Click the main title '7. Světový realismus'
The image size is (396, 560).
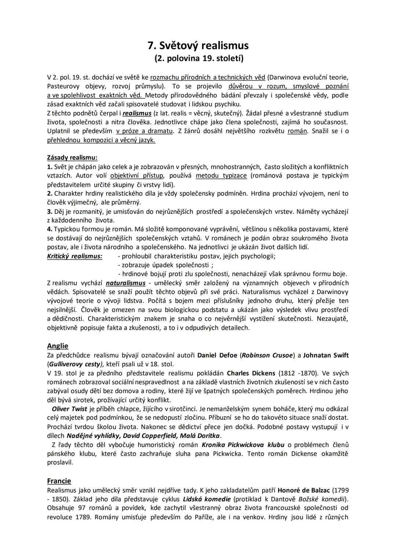[x=198, y=45]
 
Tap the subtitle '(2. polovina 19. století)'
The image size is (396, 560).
[x=198, y=58]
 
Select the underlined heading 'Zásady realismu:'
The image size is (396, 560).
[x=72, y=158]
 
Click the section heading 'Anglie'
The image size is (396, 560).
[x=58, y=346]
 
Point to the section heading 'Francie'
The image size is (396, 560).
[x=59, y=481]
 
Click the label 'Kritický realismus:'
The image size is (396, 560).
[x=74, y=256]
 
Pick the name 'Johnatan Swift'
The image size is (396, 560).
[x=326, y=355]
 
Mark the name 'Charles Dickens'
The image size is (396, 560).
[x=251, y=373]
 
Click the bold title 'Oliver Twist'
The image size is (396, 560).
[x=69, y=409]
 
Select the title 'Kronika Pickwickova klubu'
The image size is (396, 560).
[x=243, y=445]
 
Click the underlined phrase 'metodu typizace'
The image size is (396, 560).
[x=221, y=175]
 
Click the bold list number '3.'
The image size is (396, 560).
[x=50, y=211]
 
